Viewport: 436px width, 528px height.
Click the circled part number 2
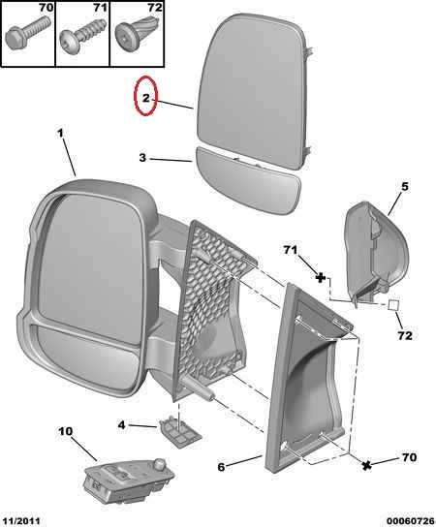[145, 98]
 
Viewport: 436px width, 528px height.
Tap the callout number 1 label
[60, 134]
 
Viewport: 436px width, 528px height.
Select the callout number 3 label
[142, 157]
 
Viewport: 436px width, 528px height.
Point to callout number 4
[121, 425]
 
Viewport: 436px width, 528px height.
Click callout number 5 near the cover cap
[404, 186]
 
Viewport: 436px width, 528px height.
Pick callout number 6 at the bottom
[221, 467]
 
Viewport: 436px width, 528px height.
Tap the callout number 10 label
[65, 431]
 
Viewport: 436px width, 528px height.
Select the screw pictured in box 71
[82, 40]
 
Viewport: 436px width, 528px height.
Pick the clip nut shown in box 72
[138, 32]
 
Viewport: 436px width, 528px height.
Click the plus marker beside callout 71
[321, 278]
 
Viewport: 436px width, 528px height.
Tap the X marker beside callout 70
[367, 465]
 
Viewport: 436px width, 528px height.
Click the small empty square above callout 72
[393, 305]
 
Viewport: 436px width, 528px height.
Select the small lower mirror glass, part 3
[247, 180]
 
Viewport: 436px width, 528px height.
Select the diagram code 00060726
[410, 521]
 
